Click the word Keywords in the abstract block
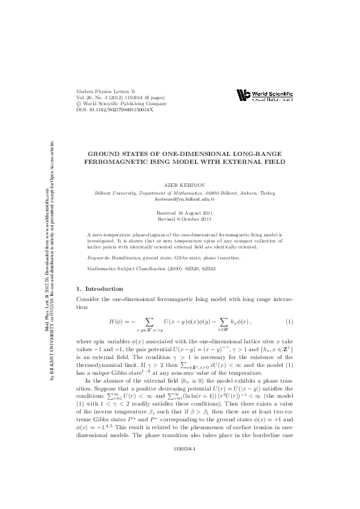click(x=99, y=258)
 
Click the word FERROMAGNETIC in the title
click(x=115, y=161)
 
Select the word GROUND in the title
click(x=106, y=154)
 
